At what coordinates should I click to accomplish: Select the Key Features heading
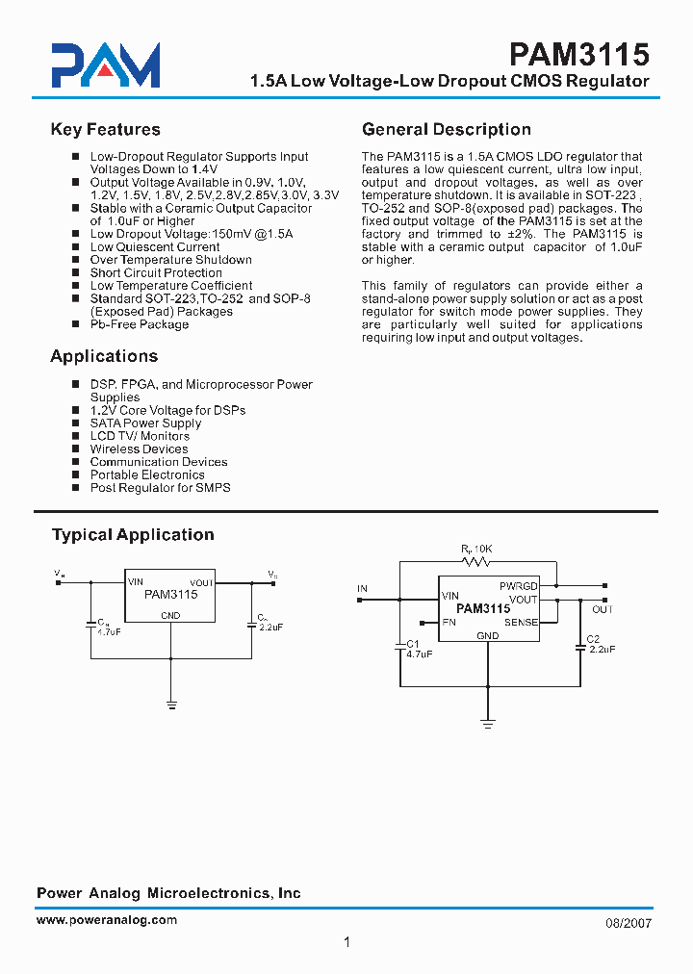[105, 130]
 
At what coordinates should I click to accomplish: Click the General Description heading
[446, 130]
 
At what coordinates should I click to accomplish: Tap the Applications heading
[104, 356]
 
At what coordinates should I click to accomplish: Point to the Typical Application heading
[133, 535]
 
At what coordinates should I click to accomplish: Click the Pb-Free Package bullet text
[139, 324]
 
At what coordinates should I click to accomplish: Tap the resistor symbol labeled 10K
[473, 561]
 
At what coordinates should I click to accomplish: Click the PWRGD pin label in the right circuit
[518, 585]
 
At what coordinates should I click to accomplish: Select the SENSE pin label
[521, 623]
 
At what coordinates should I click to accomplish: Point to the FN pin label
[449, 623]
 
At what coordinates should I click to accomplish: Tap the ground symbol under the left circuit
[171, 705]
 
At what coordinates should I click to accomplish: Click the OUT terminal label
[603, 610]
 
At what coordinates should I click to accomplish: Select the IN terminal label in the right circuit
[362, 588]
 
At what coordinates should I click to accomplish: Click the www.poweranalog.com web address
[107, 920]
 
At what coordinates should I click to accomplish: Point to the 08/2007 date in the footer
[629, 922]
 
